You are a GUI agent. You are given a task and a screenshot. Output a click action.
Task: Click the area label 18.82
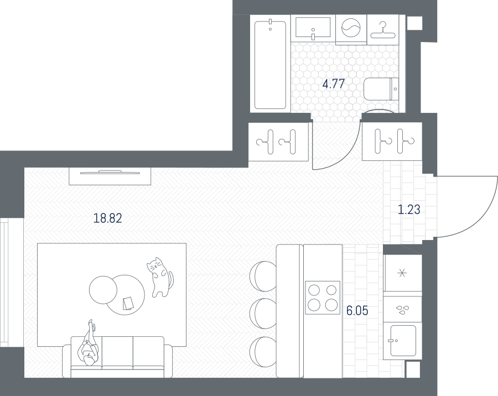(108, 218)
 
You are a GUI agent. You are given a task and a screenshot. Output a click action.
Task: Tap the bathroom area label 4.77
(333, 84)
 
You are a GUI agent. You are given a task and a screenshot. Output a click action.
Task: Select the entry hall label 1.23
(409, 210)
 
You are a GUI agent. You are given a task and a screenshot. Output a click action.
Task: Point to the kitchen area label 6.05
(357, 311)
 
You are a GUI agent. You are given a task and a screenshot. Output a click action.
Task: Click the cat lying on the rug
(160, 277)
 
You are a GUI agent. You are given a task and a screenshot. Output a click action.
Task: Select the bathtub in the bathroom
(270, 64)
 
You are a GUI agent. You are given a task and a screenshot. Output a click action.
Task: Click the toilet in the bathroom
(381, 89)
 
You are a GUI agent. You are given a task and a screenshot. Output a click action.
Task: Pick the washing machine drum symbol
(351, 28)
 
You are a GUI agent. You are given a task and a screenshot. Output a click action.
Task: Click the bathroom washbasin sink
(313, 28)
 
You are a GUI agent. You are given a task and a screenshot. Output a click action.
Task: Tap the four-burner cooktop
(323, 298)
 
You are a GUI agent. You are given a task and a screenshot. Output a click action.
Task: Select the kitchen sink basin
(403, 341)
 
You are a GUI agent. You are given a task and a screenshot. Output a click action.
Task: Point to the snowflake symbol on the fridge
(402, 273)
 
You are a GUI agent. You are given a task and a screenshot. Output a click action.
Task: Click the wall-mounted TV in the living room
(110, 173)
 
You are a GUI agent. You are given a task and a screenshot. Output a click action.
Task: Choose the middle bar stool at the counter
(263, 314)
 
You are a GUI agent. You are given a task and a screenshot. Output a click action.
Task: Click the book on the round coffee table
(128, 303)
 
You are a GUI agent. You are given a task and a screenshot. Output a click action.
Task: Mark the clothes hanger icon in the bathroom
(383, 30)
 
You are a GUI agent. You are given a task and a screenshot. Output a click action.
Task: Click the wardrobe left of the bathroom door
(278, 142)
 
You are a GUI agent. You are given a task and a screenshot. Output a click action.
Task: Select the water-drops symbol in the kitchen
(402, 310)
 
